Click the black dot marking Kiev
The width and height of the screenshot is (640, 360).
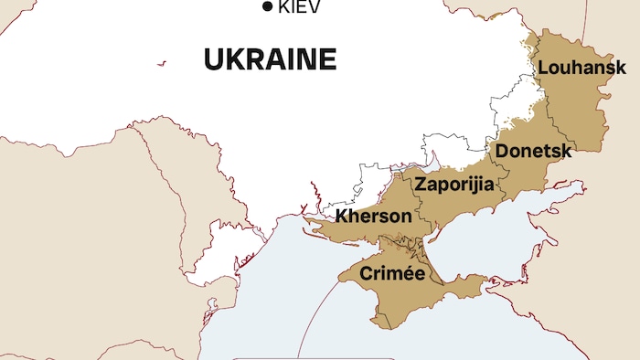tap(267, 7)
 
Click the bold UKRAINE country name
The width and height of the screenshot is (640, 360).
tap(270, 60)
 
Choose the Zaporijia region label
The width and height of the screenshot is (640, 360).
tap(454, 185)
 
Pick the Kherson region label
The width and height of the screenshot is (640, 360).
tap(373, 217)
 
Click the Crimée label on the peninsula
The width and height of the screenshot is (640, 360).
tap(392, 273)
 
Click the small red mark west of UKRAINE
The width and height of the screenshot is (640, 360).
tap(162, 63)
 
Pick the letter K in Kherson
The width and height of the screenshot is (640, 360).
tap(342, 217)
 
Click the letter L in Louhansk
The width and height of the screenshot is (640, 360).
tap(542, 68)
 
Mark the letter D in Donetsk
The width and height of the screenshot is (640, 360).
tap(501, 151)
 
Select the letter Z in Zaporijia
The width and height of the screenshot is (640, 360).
tap(421, 185)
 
